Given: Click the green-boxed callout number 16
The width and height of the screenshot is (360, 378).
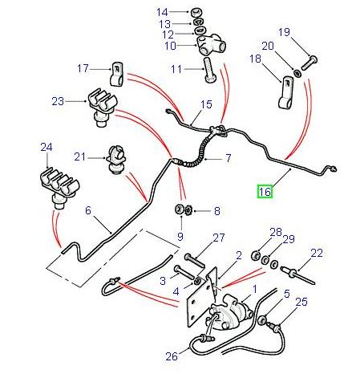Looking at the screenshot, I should pyautogui.click(x=265, y=191).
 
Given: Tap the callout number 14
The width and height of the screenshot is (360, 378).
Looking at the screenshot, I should pyautogui.click(x=164, y=12).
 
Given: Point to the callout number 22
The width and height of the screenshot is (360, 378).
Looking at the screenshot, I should pyautogui.click(x=317, y=254).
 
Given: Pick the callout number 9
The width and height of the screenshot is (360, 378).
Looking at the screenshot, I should pyautogui.click(x=180, y=237).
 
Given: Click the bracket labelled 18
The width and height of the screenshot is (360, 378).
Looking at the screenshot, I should pyautogui.click(x=286, y=94).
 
